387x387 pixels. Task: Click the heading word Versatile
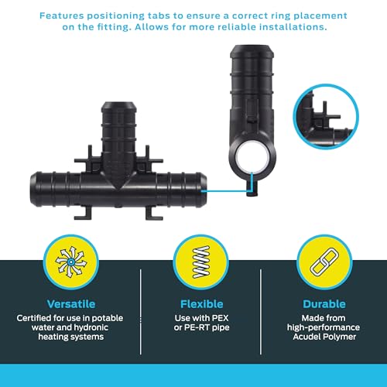coord(71,304)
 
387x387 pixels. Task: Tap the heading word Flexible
coord(202,304)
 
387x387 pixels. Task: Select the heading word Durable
coord(324,304)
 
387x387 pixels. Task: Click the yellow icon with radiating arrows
coord(71,262)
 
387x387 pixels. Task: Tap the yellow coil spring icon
coord(201,262)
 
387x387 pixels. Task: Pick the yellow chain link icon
coord(324,262)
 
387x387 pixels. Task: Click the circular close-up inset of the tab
coord(326,116)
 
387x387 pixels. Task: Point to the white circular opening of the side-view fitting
coord(252,158)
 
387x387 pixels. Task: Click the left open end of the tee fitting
coord(33,189)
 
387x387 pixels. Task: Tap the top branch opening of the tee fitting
coord(119,105)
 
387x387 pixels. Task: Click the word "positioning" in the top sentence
coord(115,16)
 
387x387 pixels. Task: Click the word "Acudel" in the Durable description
coord(306,337)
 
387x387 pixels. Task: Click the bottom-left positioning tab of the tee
coord(83,213)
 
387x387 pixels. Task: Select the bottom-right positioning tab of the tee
coord(154,213)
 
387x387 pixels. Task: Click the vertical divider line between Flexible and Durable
coord(261,312)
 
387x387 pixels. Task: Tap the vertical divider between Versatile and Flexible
coord(141,312)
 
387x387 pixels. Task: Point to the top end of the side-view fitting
coord(252,49)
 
